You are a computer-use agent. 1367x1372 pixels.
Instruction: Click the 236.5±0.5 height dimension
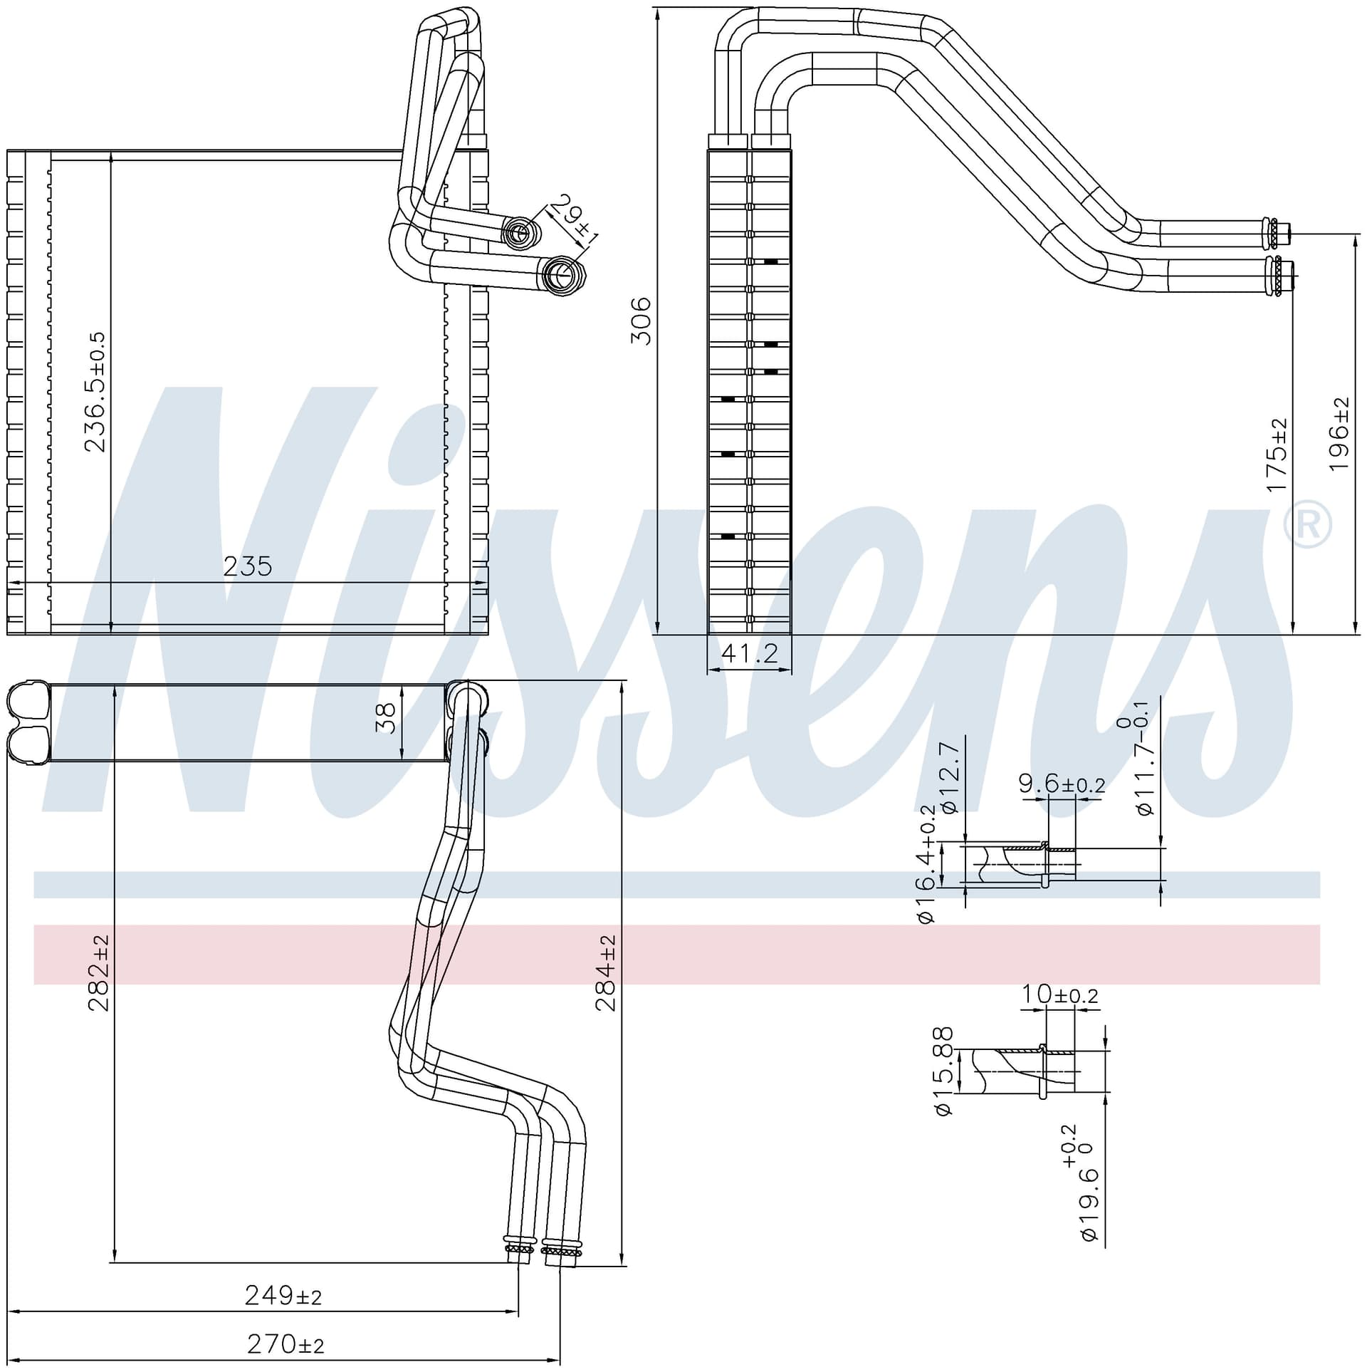pos(95,392)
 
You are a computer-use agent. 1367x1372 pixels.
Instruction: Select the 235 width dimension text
pos(248,566)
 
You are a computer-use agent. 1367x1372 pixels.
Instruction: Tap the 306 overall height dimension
pos(641,321)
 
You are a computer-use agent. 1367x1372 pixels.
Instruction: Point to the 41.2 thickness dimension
pos(750,653)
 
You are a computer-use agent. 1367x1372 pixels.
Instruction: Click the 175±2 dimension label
pos(1277,455)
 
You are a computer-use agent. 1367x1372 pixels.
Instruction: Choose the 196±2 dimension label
pos(1339,434)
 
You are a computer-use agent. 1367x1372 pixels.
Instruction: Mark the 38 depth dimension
pos(385,719)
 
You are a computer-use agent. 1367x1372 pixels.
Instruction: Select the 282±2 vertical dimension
pos(98,973)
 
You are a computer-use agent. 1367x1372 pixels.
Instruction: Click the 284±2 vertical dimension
pos(606,973)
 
